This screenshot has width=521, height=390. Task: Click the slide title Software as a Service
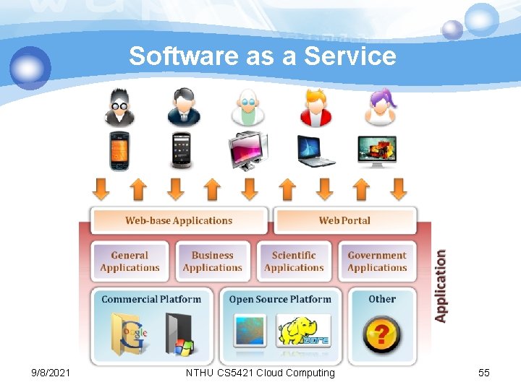point(263,56)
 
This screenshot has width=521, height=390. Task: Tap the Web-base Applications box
point(179,220)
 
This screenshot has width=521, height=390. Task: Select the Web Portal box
point(344,220)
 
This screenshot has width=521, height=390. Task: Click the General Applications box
point(130,261)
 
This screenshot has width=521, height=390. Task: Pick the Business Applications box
point(212,261)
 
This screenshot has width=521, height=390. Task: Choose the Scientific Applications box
point(294,261)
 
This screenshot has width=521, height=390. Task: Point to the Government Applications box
point(377,261)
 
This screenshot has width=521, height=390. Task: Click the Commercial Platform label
point(151,299)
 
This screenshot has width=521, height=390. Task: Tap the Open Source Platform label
point(280,299)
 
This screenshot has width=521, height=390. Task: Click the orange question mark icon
point(381,335)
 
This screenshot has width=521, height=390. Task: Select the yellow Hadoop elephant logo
point(303,332)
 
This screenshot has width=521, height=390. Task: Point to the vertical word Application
point(440,286)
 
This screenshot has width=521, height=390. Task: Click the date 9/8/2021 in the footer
point(51,373)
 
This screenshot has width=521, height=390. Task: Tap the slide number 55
point(484,373)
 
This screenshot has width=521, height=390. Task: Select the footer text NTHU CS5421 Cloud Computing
point(260,373)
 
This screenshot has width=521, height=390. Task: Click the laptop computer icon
point(316,151)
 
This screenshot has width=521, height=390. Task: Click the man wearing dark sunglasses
point(119,108)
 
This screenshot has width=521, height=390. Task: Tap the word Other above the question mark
point(382,299)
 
